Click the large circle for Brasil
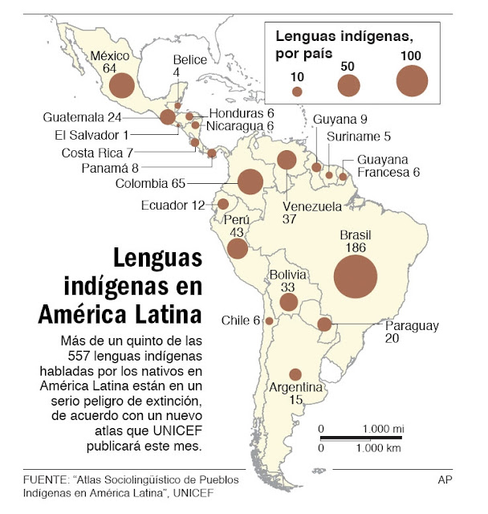(356, 276)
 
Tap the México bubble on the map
(122, 85)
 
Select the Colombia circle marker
(250, 182)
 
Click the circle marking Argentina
(295, 374)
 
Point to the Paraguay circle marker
(324, 324)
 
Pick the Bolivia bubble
(288, 303)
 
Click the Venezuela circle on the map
(286, 160)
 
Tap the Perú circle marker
(238, 248)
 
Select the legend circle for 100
(412, 80)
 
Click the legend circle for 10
(297, 92)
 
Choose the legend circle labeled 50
(349, 84)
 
